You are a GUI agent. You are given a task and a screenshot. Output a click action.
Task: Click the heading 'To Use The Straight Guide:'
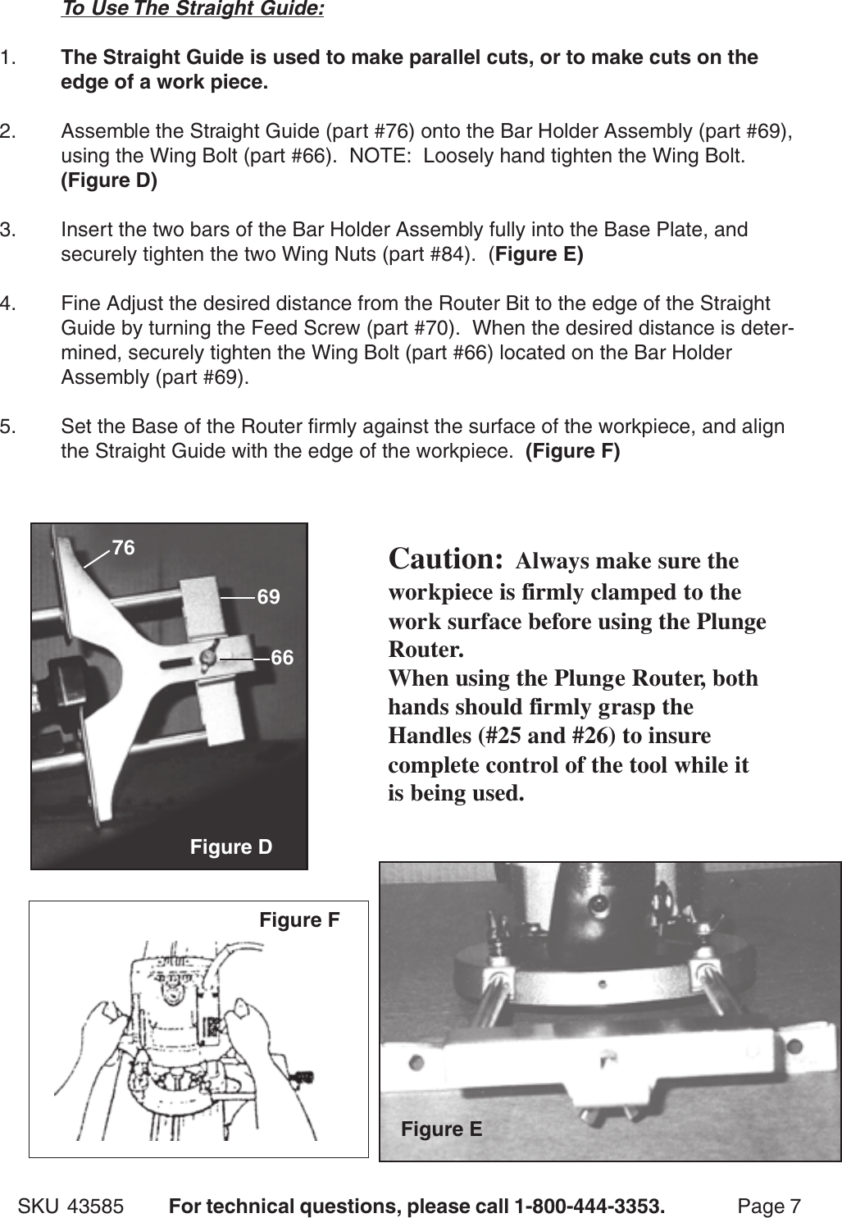coord(192,9)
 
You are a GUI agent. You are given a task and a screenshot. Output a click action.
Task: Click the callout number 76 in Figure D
coord(123,548)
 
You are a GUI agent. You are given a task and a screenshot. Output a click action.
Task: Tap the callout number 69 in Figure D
coord(268,597)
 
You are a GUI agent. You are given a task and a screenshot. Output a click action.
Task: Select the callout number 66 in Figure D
coord(281,658)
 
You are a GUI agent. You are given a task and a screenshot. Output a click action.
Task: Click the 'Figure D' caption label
coord(230,847)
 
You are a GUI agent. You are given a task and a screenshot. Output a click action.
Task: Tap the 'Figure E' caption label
coord(441,1129)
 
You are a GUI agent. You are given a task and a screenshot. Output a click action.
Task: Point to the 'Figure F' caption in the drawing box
coord(299,920)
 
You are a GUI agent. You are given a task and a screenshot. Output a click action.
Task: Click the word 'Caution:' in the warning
coord(445,559)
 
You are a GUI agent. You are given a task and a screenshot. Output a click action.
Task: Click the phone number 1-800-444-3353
coord(589,1207)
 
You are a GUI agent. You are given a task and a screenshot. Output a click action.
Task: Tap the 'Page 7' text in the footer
coord(768,1207)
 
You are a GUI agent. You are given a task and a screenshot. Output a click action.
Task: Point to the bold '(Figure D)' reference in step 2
coord(109,181)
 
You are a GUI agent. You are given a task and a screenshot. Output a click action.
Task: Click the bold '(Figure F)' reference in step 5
coord(572,451)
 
